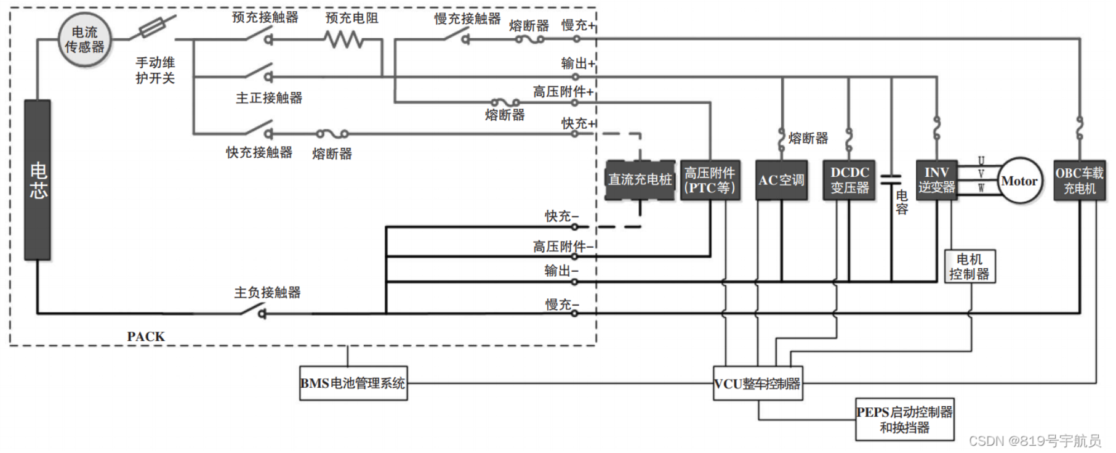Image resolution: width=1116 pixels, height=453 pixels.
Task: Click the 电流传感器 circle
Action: coord(85,40)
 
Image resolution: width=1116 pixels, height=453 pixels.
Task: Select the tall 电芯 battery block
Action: coord(38,180)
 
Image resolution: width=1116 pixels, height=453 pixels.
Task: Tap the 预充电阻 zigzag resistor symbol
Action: coord(344,40)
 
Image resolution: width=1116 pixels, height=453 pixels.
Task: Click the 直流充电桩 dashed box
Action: coord(640,180)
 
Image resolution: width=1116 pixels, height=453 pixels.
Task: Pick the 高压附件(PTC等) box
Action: coord(710,180)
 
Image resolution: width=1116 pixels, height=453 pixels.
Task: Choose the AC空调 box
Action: coord(781,180)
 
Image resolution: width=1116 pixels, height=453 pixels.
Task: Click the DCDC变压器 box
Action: coord(849,180)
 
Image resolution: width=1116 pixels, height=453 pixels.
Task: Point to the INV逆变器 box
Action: coord(936,180)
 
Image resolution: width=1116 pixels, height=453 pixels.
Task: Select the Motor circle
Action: coord(1019,181)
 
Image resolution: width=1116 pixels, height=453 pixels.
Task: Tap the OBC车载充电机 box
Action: coord(1080,180)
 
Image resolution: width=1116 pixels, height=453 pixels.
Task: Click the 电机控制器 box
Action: coord(969,266)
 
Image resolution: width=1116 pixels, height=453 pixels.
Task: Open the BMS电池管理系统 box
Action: coord(353,383)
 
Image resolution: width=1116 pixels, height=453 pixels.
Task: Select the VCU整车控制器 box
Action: coord(758,383)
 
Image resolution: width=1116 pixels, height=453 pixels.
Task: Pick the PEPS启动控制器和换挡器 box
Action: coord(904,419)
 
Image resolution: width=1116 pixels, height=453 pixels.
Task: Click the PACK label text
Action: coord(146,337)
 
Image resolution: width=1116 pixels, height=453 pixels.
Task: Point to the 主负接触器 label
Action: coord(267,292)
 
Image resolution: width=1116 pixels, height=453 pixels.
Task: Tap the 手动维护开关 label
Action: coord(155,70)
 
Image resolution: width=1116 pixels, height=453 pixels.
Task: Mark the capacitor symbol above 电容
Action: coord(891,179)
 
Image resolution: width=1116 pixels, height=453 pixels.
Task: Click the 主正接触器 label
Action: coord(269,98)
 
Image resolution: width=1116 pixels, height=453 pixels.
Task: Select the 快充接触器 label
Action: coord(259,152)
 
